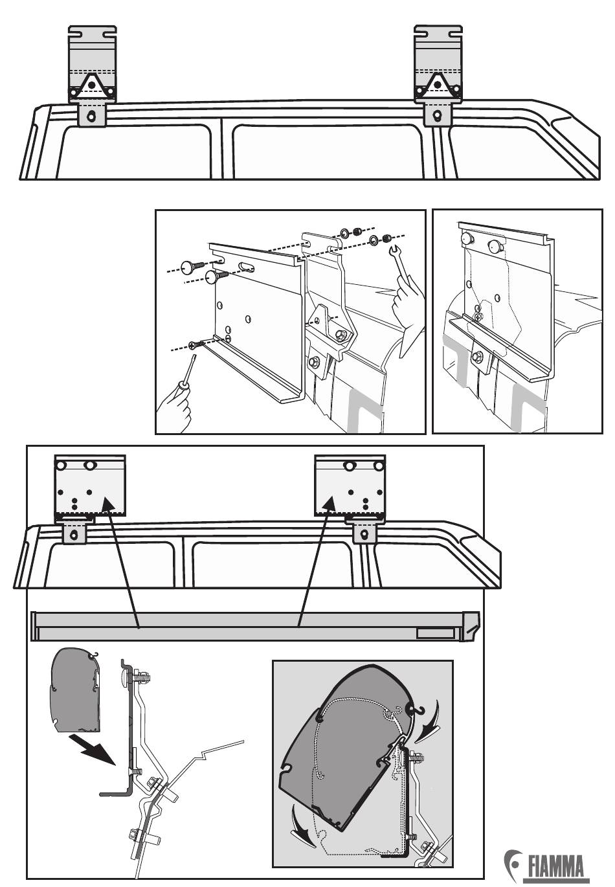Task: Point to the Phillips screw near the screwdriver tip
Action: (196, 344)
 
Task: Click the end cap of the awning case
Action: (471, 626)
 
